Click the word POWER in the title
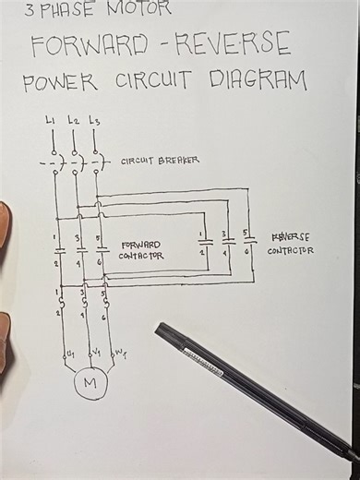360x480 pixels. tap(60, 82)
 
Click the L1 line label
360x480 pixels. tap(50, 120)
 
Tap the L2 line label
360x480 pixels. tap(73, 120)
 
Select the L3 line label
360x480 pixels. tap(94, 120)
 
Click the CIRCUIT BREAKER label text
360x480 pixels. tap(160, 161)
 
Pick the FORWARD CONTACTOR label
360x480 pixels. tap(141, 250)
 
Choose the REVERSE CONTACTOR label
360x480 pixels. tap(291, 243)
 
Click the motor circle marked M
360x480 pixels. tap(90, 382)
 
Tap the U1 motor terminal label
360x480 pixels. tap(66, 354)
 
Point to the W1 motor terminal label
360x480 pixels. tap(120, 353)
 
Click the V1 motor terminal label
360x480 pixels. tap(93, 353)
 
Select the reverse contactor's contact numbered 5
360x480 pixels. tap(246, 243)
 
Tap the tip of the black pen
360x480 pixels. tap(159, 328)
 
